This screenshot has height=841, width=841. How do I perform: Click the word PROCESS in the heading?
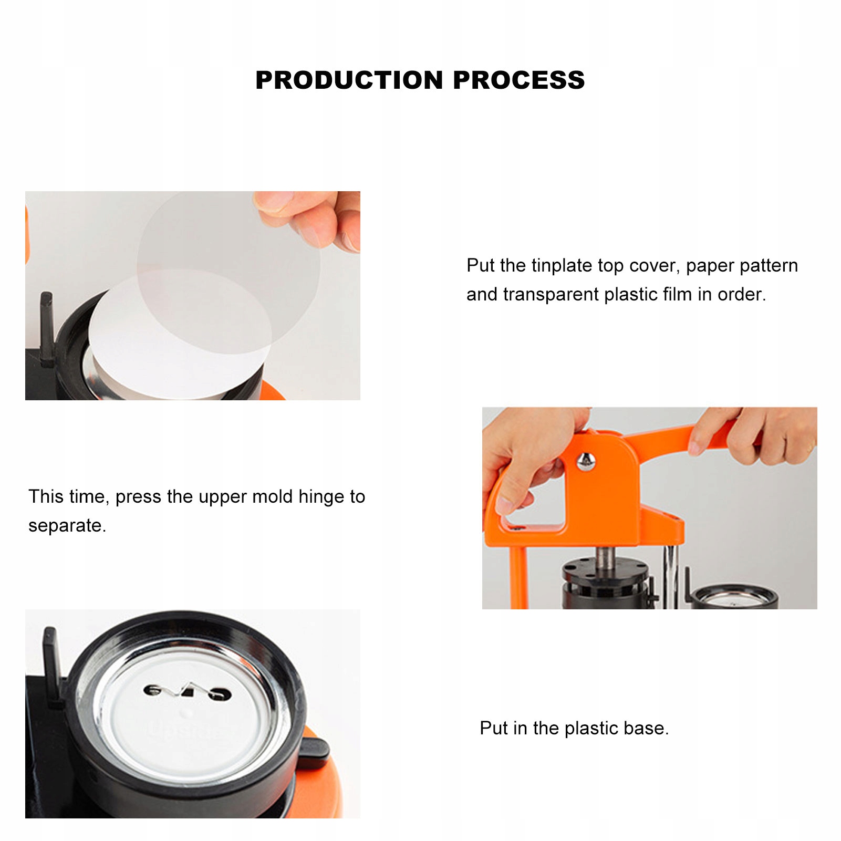click(x=519, y=80)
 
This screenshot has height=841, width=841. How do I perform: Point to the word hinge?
click(x=321, y=497)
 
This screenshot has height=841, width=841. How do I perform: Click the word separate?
click(x=67, y=526)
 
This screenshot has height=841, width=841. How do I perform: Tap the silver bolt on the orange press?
click(x=585, y=462)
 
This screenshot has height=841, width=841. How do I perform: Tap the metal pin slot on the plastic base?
click(x=187, y=691)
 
